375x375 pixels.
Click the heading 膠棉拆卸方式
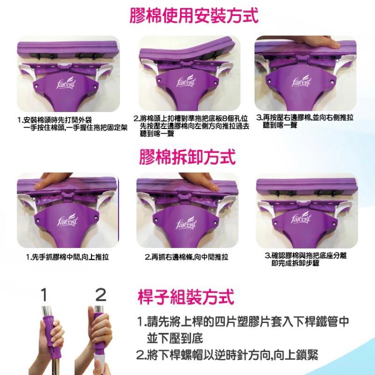tap(187, 157)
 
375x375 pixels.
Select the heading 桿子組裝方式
tap(186, 296)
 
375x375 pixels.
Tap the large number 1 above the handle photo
tap(44, 295)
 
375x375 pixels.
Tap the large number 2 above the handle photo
tap(101, 295)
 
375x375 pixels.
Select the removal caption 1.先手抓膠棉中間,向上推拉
tap(67, 257)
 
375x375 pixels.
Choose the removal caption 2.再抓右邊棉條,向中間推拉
tap(187, 257)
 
